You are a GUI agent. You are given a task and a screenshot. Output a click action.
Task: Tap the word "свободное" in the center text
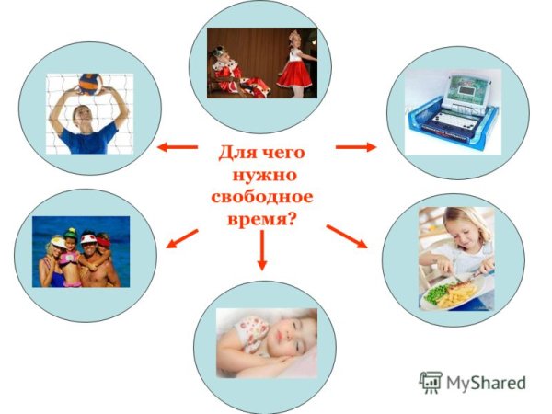[x=262, y=195]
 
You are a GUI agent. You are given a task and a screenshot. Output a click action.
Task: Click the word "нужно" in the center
[x=263, y=173]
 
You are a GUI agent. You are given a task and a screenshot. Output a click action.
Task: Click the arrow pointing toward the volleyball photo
[x=177, y=145]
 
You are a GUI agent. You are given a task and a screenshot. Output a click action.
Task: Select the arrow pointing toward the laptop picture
[x=356, y=146]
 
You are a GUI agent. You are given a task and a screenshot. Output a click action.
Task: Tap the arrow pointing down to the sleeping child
[x=262, y=250]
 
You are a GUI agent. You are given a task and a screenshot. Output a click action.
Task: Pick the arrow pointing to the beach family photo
[x=181, y=238]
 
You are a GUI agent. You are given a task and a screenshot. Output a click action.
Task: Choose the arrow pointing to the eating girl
[x=347, y=236]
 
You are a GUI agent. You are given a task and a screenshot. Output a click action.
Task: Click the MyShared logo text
[x=487, y=382]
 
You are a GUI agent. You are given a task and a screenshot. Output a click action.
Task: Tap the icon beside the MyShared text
[x=430, y=382]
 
